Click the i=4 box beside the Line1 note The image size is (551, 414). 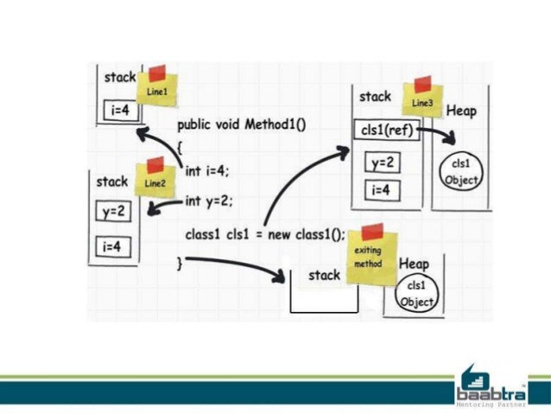click(121, 111)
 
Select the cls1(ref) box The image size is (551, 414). click(387, 131)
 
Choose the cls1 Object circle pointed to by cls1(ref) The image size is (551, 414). click(459, 170)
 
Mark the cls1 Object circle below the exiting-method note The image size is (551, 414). click(416, 293)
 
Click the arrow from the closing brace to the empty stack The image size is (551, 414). click(233, 265)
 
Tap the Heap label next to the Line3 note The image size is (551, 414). click(461, 111)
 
